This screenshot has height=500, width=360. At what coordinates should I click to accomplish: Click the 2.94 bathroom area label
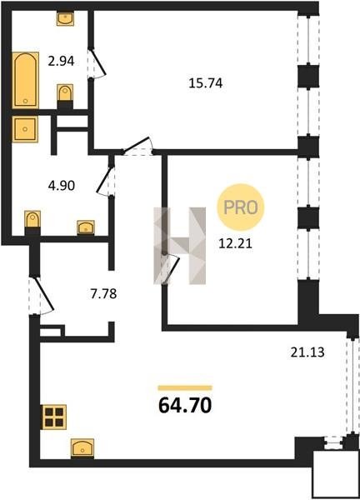tap(61, 61)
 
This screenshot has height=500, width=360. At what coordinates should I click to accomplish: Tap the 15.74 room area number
tap(206, 83)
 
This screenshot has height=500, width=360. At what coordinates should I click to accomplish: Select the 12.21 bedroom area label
tap(235, 243)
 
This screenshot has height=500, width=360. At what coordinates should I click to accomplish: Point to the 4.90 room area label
tap(62, 185)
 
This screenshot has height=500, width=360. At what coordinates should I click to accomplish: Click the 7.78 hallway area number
tap(103, 293)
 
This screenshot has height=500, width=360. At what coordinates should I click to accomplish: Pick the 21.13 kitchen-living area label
tap(307, 352)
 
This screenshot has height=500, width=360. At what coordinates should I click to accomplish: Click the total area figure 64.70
tap(185, 406)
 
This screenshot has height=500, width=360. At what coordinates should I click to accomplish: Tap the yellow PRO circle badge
tap(241, 207)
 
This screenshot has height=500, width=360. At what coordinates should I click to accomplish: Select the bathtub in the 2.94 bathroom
tap(26, 80)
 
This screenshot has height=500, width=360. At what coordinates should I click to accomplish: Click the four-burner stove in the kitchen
tap(54, 417)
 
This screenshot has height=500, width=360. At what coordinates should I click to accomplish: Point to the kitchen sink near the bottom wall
tap(82, 448)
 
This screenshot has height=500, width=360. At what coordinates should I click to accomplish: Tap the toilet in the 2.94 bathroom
tap(65, 97)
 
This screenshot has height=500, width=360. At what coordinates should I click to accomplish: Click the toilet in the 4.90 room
tap(32, 222)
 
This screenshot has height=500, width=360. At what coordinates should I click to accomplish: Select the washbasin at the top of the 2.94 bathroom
tap(65, 18)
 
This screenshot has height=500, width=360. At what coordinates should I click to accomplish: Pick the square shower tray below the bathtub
tap(25, 129)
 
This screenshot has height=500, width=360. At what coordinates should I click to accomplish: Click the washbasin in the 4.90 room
tap(86, 227)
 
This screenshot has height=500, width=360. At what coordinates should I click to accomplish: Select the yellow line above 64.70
tap(185, 387)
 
